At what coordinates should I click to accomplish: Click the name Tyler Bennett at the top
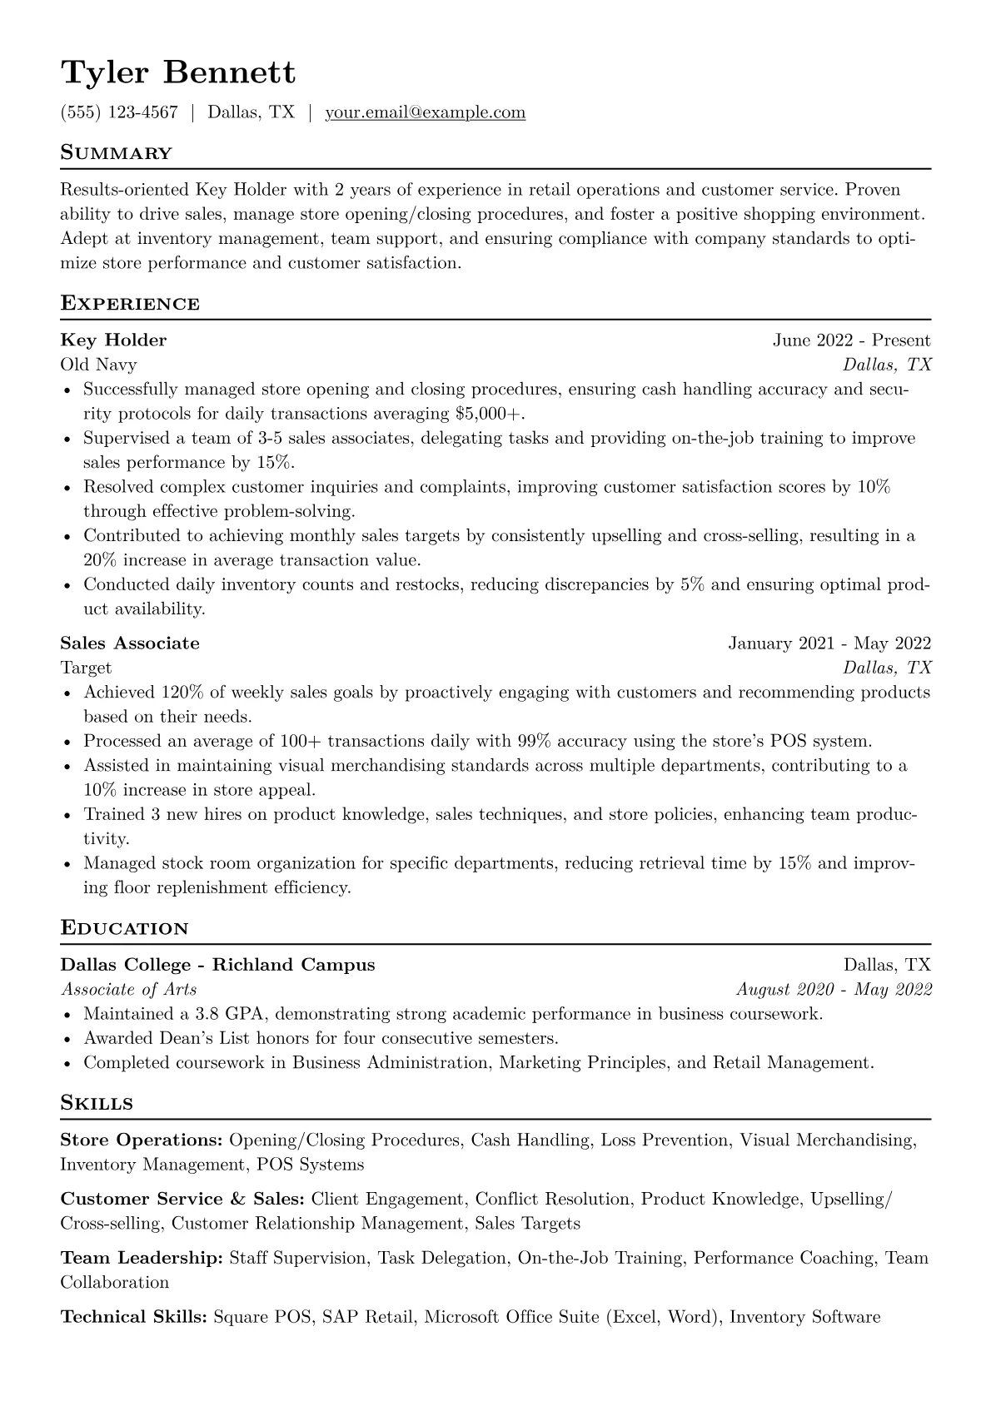pyautogui.click(x=178, y=72)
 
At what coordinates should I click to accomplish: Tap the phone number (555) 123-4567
pyautogui.click(x=119, y=112)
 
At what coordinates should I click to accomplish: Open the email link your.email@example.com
pyautogui.click(x=425, y=112)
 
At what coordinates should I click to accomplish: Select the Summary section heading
pyautogui.click(x=116, y=153)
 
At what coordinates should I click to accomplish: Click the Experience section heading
pyautogui.click(x=130, y=304)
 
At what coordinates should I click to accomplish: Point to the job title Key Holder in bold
pyautogui.click(x=113, y=340)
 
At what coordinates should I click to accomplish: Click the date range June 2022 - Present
pyautogui.click(x=851, y=340)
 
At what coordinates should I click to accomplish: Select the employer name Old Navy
pyautogui.click(x=98, y=365)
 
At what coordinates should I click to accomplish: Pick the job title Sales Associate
pyautogui.click(x=130, y=643)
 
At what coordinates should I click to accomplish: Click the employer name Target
pyautogui.click(x=86, y=668)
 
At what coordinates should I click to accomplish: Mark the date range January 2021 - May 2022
pyautogui.click(x=829, y=643)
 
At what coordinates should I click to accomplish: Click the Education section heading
pyautogui.click(x=124, y=928)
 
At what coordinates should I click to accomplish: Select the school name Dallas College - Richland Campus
pyautogui.click(x=217, y=965)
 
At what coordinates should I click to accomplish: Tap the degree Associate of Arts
pyautogui.click(x=129, y=990)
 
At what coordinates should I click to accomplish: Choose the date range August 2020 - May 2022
pyautogui.click(x=834, y=990)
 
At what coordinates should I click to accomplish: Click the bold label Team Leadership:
pyautogui.click(x=142, y=1258)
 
